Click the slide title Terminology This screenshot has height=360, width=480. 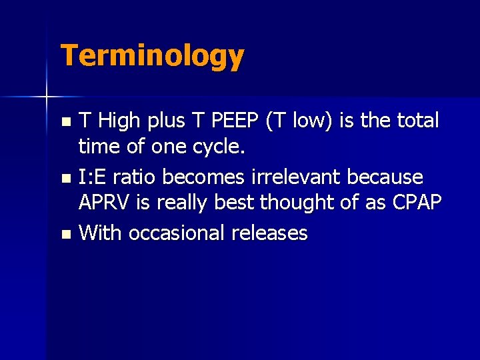pos(152,56)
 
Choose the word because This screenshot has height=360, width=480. pos(390,177)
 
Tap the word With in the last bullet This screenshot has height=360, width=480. pos(101,233)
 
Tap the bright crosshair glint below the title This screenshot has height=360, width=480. pos(46,97)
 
